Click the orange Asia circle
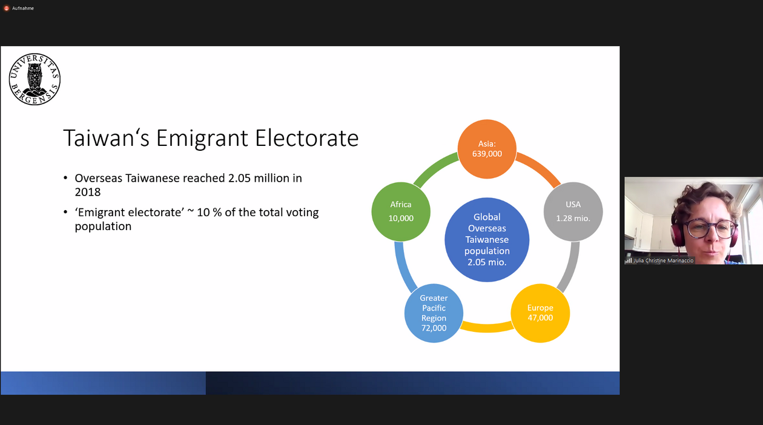tap(487, 149)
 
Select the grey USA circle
tap(573, 211)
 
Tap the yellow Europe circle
tap(540, 313)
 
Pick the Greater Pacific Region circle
tap(434, 313)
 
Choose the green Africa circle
tap(401, 211)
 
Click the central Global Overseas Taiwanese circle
tap(487, 240)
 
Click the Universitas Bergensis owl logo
tap(35, 79)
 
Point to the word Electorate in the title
tap(306, 138)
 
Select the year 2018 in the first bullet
tap(88, 192)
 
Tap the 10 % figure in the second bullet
tap(209, 212)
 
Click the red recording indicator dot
tap(6, 8)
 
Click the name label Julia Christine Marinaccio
tap(663, 260)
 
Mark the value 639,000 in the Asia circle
tap(487, 154)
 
